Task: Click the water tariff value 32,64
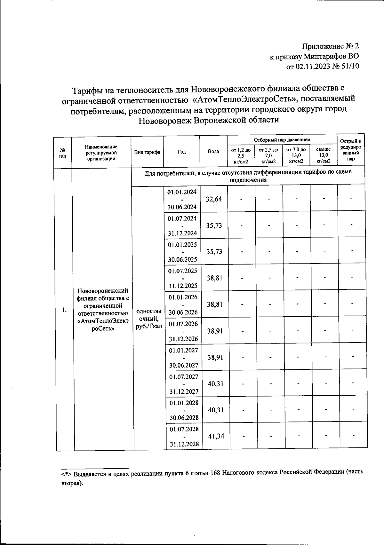tap(214, 199)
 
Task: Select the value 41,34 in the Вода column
tap(216, 436)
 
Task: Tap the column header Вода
tap(213, 151)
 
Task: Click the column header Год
tap(181, 152)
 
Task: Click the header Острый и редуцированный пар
tap(351, 150)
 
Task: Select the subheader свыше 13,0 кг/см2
tap(323, 155)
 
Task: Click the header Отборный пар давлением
tap(282, 140)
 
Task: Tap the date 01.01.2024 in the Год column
tap(182, 192)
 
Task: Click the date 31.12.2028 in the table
tap(184, 444)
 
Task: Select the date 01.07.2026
tap(183, 324)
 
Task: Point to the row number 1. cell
tap(65, 310)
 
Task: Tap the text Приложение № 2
tap(331, 46)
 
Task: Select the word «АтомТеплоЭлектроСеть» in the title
tap(244, 99)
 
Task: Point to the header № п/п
tap(63, 153)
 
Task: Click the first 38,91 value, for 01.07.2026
tap(215, 331)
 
